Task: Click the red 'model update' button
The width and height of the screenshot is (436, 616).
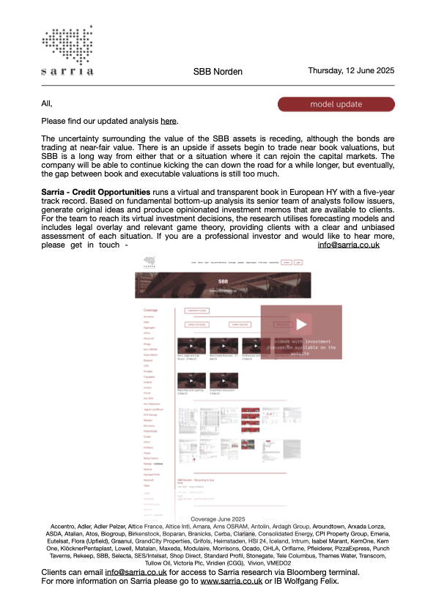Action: click(336, 104)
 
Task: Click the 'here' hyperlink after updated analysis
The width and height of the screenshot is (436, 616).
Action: click(169, 121)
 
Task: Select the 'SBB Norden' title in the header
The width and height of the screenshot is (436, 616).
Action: click(218, 72)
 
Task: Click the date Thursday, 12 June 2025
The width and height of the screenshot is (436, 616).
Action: click(351, 71)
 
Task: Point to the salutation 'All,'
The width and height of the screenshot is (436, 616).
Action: click(48, 103)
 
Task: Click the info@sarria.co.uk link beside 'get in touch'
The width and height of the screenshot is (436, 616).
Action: click(348, 245)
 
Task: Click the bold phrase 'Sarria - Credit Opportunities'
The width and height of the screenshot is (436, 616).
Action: click(96, 192)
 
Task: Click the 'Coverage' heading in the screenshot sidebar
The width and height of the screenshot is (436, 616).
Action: click(150, 310)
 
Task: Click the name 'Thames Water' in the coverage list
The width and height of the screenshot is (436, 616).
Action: click(306, 554)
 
